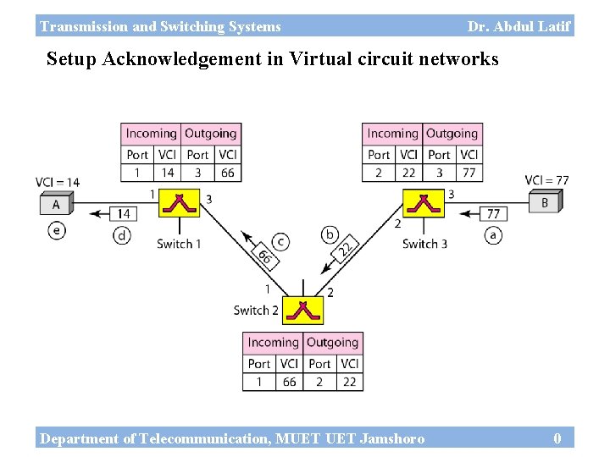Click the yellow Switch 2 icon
point(302,311)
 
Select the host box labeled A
point(57,204)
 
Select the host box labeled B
point(545,202)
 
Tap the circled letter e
point(57,231)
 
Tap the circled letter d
point(123,236)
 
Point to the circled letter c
point(280,242)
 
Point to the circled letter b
point(330,234)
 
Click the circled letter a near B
point(493,235)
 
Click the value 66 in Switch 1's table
point(227,172)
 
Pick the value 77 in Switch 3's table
point(469,172)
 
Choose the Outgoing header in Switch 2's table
point(332,343)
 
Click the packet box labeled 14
point(124,214)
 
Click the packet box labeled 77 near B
point(493,214)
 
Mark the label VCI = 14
point(58,182)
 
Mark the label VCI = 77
point(546,180)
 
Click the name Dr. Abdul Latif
point(518,26)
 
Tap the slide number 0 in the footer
point(557,438)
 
